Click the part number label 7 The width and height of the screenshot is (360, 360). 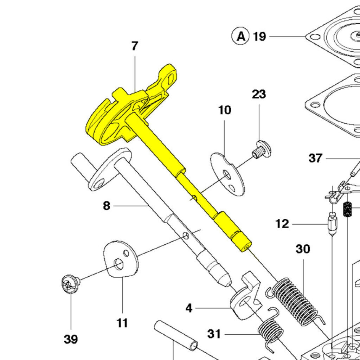(135, 46)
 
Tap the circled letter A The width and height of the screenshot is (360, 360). (241, 36)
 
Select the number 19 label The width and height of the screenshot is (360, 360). (259, 37)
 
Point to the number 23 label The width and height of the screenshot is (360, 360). (259, 94)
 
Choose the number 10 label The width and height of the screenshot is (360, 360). (225, 110)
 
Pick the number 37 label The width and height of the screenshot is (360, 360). (315, 158)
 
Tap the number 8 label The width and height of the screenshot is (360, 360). (107, 206)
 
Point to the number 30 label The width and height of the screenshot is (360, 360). (303, 249)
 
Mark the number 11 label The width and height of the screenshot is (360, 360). (122, 323)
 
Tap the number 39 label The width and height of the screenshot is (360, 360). (71, 340)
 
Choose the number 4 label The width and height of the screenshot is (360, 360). (189, 309)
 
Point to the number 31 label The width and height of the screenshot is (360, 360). (214, 334)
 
